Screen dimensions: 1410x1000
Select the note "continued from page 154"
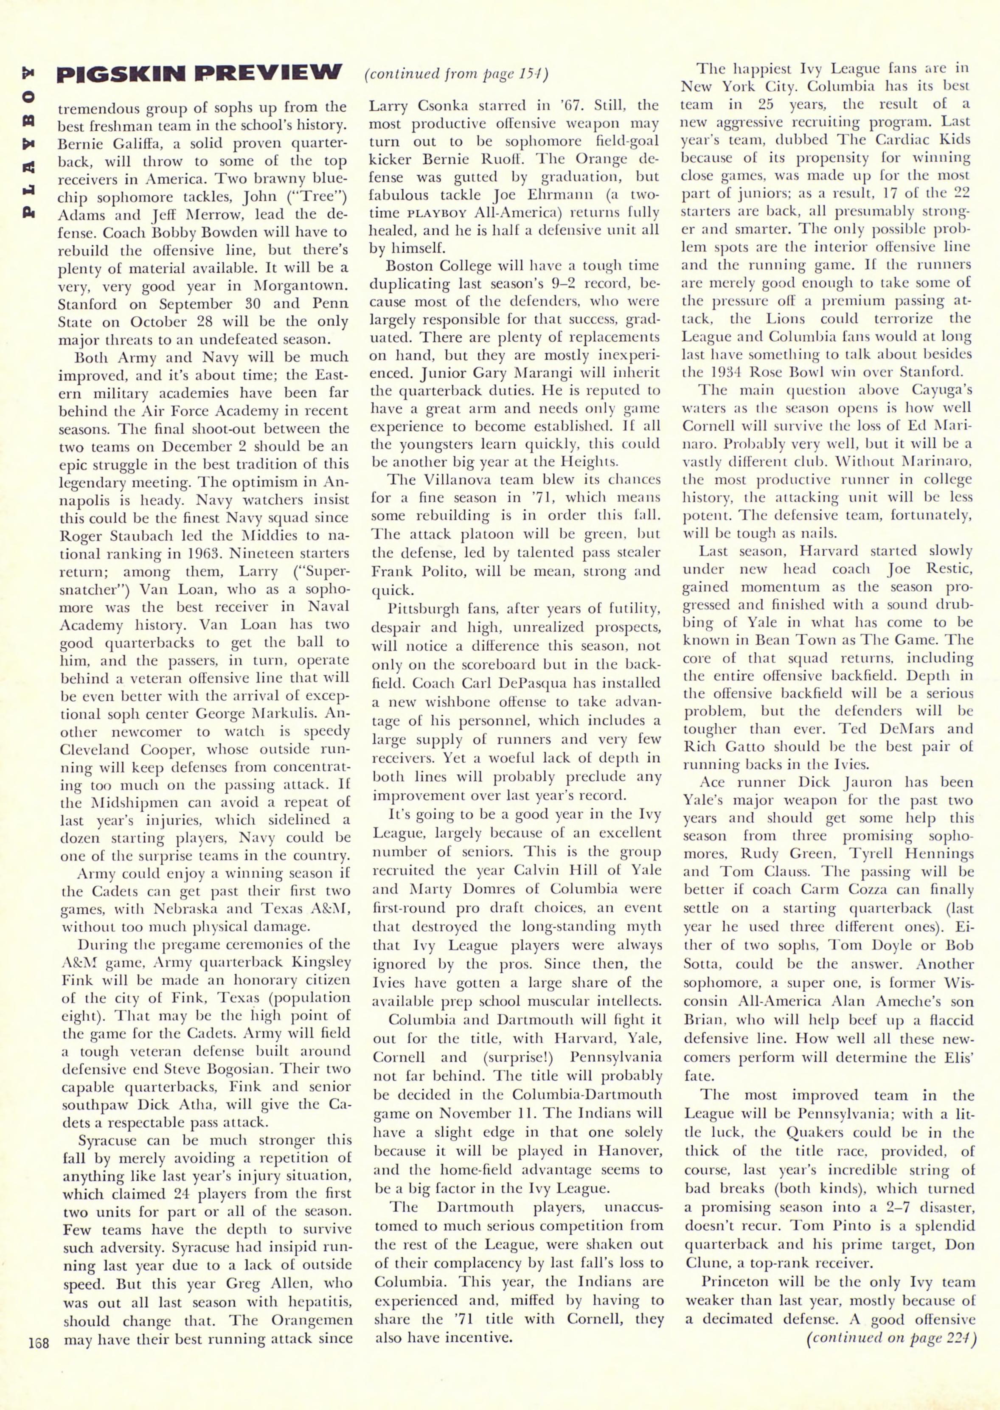(x=456, y=75)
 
